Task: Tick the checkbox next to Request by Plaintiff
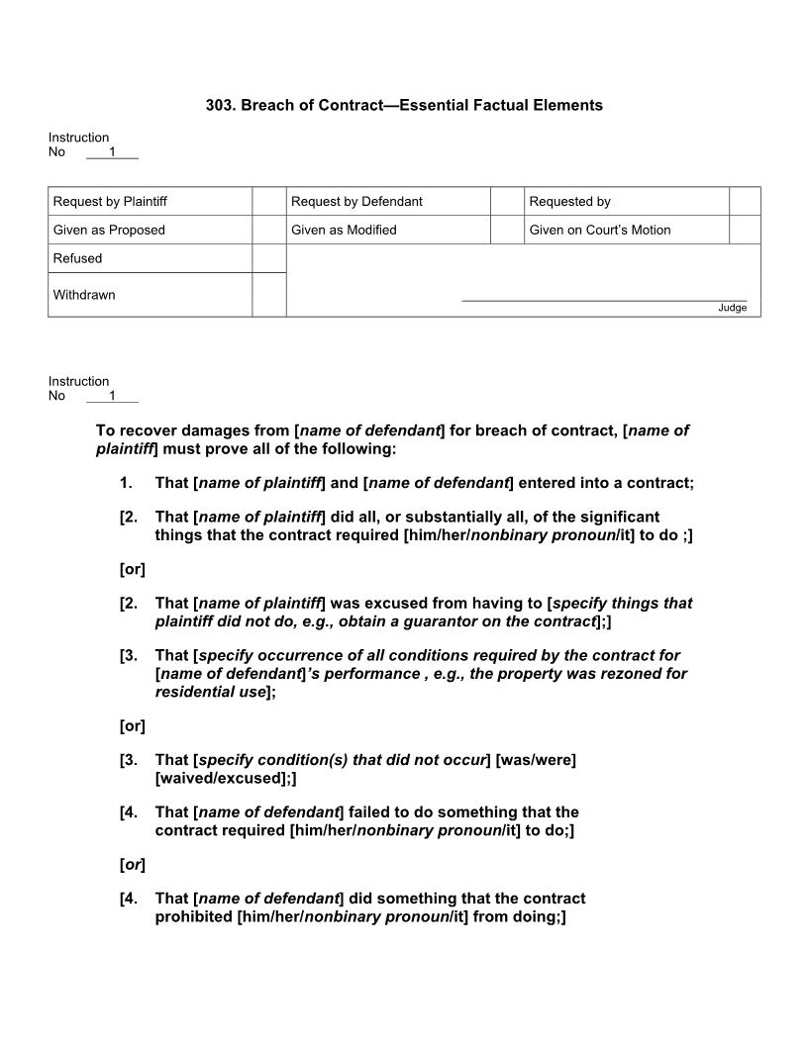click(269, 201)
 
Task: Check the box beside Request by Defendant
click(507, 201)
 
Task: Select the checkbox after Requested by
click(745, 201)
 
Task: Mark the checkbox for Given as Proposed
click(269, 230)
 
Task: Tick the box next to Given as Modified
click(507, 230)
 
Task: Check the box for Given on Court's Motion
click(745, 230)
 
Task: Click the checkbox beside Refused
click(269, 258)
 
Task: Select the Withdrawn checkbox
click(269, 295)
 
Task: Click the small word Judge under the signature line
click(733, 308)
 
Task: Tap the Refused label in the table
click(77, 258)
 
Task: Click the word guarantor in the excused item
click(423, 621)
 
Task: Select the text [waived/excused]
click(223, 779)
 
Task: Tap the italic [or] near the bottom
click(132, 865)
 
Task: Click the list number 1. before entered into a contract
click(126, 483)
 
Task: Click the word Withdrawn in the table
click(84, 295)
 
